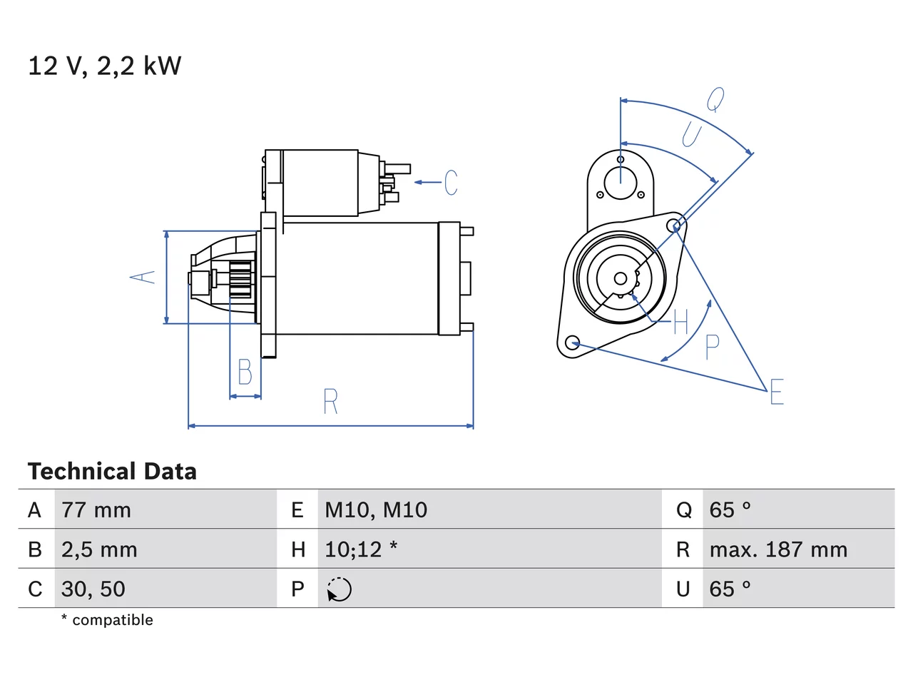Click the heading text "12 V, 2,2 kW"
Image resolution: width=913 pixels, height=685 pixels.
click(x=105, y=66)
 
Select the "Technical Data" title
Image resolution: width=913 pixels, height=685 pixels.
click(x=112, y=471)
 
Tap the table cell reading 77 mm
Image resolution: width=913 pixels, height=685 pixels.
click(x=96, y=510)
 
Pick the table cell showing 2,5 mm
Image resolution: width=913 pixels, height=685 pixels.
click(x=99, y=549)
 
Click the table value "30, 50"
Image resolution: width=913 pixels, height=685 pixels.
click(x=93, y=589)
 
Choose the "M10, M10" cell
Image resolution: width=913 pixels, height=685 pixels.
click(x=376, y=510)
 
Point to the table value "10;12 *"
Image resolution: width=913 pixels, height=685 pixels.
click(x=361, y=549)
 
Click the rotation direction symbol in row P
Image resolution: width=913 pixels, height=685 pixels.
click(x=339, y=589)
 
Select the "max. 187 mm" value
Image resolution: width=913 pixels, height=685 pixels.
click(x=778, y=549)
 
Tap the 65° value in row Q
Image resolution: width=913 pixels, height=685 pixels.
click(x=730, y=510)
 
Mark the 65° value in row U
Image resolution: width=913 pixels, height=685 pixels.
click(x=730, y=589)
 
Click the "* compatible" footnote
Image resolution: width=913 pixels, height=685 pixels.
click(x=107, y=619)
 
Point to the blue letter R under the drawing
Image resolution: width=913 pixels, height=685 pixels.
click(x=331, y=401)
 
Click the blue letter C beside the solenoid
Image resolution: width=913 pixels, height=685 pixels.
click(x=451, y=182)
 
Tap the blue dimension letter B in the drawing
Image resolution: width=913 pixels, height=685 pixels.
click(x=245, y=372)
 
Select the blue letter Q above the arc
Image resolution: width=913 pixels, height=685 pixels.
click(x=715, y=100)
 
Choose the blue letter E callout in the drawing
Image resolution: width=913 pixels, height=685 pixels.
click(x=777, y=391)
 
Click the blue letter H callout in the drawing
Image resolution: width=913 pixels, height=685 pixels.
click(x=681, y=322)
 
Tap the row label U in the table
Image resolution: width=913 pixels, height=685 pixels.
click(x=683, y=589)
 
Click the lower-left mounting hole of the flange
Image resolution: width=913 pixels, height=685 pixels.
click(x=573, y=342)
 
